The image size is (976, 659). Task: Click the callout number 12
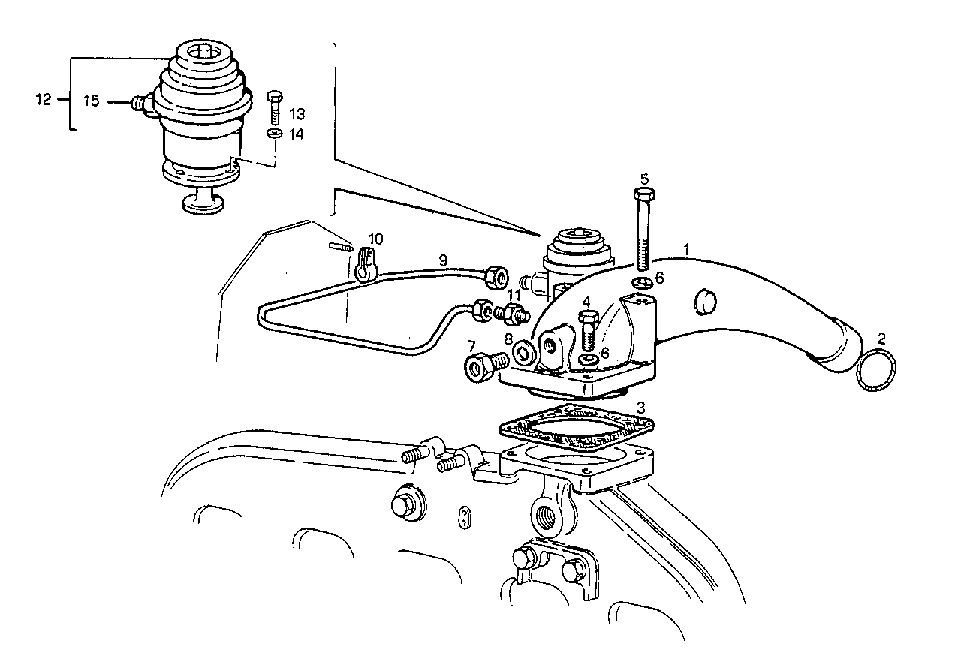coord(44,99)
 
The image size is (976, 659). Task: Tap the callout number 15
coord(91,101)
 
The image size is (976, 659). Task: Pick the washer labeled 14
coord(275,133)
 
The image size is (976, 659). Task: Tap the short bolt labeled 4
coord(588,330)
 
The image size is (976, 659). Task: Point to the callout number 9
coord(443,260)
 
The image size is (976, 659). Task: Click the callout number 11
coord(513,294)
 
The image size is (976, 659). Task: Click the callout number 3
coord(641,408)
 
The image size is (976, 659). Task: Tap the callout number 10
coord(375,239)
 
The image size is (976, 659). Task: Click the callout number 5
coord(644,179)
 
